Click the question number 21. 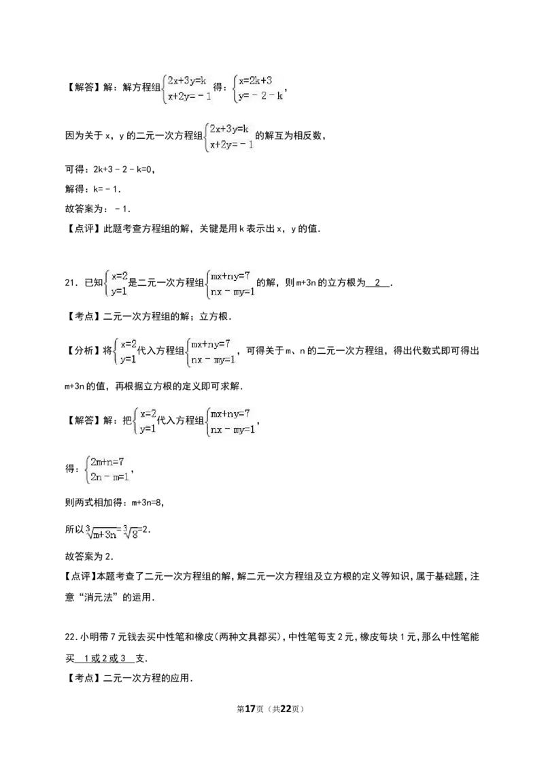click(70, 283)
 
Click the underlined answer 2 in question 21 click(377, 283)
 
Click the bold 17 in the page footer click(250, 709)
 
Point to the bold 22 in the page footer click(286, 709)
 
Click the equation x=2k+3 click(256, 81)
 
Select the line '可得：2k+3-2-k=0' click(110, 169)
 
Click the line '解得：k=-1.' click(92, 189)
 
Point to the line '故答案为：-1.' click(98, 209)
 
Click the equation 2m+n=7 click(107, 462)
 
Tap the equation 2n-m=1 click(109, 477)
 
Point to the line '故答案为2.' click(89, 556)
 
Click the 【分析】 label click(84, 351)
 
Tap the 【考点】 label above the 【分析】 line click(84, 317)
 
